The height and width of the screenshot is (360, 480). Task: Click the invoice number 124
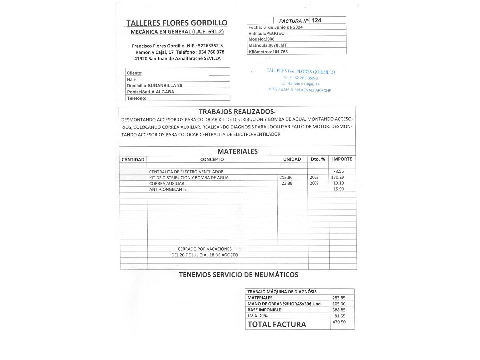[x=316, y=20]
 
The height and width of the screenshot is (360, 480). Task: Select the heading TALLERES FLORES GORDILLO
[x=177, y=23]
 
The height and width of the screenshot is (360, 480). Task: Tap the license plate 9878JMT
[x=278, y=45]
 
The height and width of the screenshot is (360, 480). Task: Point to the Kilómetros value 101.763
[x=280, y=52]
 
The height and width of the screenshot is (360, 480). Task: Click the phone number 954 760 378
[x=211, y=52]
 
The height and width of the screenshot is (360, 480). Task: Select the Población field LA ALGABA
[x=161, y=92]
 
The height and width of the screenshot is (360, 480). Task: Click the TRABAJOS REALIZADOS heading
[x=236, y=111]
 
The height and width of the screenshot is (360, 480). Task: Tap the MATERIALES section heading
[x=237, y=151]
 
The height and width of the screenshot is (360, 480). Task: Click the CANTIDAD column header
[x=133, y=160]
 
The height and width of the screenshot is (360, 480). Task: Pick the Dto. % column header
[x=318, y=159]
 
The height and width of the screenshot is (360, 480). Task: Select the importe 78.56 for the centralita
[x=338, y=171]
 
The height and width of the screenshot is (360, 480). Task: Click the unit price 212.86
[x=286, y=177]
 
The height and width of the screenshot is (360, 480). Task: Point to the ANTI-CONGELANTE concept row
[x=168, y=189]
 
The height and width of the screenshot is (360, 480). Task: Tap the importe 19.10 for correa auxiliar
[x=339, y=183]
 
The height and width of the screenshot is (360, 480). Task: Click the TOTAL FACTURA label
[x=277, y=324]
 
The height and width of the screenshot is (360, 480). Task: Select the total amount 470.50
[x=339, y=322]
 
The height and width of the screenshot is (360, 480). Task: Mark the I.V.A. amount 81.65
[x=340, y=316]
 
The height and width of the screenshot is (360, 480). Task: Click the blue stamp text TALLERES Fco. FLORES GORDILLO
[x=301, y=71]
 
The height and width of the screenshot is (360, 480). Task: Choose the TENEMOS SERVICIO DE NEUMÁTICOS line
[x=239, y=275]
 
